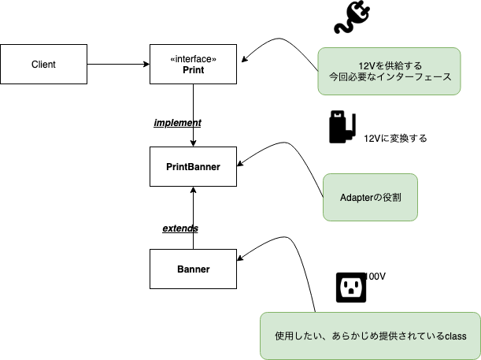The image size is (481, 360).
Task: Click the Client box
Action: click(43, 65)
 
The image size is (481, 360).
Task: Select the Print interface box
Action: click(193, 65)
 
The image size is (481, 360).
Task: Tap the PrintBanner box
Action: click(193, 166)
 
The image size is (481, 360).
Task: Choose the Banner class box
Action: click(193, 269)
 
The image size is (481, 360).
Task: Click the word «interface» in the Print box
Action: click(193, 58)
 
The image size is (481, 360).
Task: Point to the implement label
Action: click(177, 123)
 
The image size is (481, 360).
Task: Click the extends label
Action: click(179, 228)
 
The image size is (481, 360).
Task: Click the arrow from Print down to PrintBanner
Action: click(193, 114)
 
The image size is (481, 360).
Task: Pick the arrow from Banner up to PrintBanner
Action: click(193, 221)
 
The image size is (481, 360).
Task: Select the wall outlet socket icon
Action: click(351, 288)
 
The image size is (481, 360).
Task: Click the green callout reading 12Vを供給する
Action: click(389, 72)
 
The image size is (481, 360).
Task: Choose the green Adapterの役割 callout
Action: click(370, 197)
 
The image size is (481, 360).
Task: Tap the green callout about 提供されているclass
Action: click(370, 336)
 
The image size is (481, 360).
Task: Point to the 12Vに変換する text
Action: click(395, 138)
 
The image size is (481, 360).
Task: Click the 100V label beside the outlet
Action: click(376, 276)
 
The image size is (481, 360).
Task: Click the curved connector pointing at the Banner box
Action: click(291, 252)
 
